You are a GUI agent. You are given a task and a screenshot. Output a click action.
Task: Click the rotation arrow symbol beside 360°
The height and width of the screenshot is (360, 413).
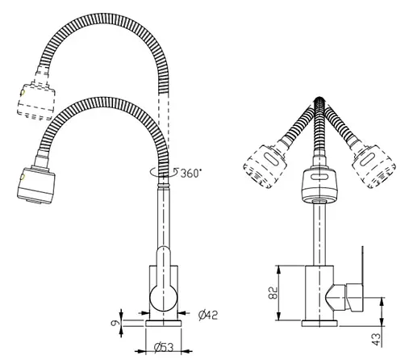[158, 172]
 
